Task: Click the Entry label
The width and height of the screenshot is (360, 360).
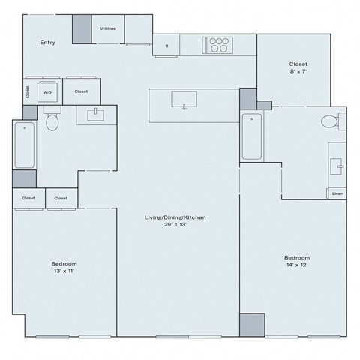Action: pos(48,43)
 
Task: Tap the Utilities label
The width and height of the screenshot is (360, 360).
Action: pos(107,28)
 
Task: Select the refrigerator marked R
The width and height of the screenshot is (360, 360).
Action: pos(166,46)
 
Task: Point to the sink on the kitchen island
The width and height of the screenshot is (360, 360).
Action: pos(184,99)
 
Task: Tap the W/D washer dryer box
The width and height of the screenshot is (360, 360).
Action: pos(47,91)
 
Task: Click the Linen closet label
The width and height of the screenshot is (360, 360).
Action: pos(337,193)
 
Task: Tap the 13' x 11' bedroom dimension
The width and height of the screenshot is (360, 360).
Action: pos(64,271)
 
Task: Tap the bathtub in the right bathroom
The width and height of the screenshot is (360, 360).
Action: pos(251,136)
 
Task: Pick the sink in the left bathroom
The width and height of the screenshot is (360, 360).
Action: pos(95,115)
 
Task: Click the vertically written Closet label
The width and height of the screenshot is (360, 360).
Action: pos(28,91)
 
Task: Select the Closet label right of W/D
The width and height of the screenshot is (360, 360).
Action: pos(81,91)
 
